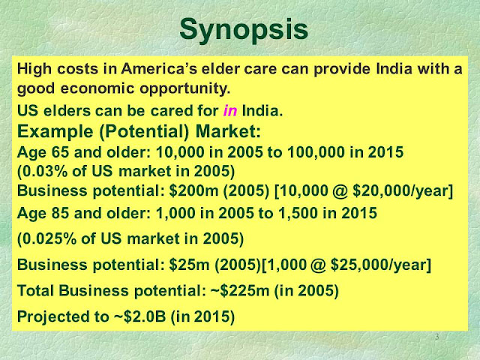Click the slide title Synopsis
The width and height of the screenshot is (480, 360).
(244, 30)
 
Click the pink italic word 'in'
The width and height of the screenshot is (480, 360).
(230, 110)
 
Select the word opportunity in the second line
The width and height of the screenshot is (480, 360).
(185, 88)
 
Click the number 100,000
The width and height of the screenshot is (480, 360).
(316, 152)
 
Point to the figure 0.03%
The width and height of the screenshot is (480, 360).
(45, 171)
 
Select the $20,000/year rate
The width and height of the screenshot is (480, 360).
(400, 191)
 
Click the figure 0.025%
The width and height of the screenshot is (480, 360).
(49, 238)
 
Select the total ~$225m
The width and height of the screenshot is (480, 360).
(240, 290)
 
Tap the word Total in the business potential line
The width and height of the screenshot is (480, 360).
(35, 290)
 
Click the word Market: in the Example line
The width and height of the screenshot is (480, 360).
(228, 131)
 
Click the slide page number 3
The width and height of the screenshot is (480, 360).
(437, 337)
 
